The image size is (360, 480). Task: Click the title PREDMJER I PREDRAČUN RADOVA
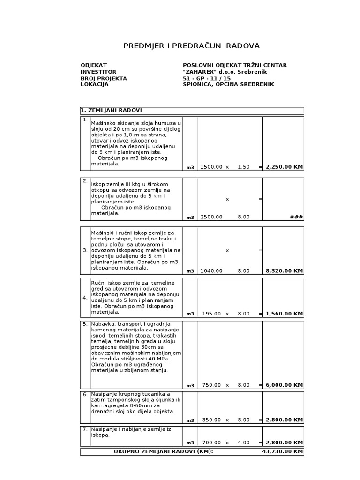[x=191, y=45]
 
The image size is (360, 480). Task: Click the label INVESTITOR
[x=98, y=72]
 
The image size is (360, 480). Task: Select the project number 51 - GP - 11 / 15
[x=207, y=78]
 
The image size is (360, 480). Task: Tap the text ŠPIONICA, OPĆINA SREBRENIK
[x=228, y=84]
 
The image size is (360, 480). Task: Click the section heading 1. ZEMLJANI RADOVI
[x=111, y=110]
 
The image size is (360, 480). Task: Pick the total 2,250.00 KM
[x=284, y=167]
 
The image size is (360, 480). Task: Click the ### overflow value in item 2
[x=297, y=217]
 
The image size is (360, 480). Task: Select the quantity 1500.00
[x=211, y=167]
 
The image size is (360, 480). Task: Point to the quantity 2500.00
[x=211, y=217]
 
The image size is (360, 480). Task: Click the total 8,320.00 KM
[x=284, y=270]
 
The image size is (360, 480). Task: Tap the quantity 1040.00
[x=211, y=270]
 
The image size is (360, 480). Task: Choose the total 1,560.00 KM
[x=284, y=314]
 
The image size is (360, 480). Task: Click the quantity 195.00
[x=213, y=314]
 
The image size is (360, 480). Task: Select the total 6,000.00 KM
[x=284, y=385]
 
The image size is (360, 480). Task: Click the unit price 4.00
[x=244, y=442]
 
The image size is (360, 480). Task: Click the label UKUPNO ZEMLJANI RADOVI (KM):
[x=163, y=451]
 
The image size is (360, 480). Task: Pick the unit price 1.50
[x=244, y=167]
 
